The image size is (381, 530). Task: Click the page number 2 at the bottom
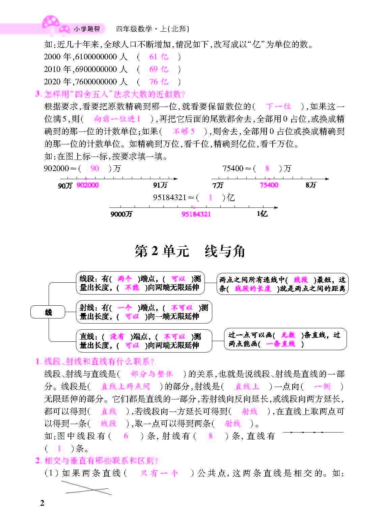pos(42,503)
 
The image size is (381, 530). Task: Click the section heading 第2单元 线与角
pos(190,251)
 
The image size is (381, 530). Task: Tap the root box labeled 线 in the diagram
pos(48,312)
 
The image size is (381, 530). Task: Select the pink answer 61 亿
pos(159,57)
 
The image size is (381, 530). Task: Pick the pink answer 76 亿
pos(159,82)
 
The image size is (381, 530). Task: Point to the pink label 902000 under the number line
pos(87,185)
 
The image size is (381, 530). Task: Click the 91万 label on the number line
pos(160,185)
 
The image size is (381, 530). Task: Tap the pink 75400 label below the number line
pos(269,185)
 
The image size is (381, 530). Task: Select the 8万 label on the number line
pos(310,185)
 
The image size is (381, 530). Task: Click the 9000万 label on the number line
pos(121,214)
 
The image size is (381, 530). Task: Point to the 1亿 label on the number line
pos(262,214)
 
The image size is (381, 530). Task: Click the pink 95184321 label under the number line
pos(196,214)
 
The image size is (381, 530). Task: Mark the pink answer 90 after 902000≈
pos(95,168)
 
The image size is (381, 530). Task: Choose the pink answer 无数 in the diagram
pos(288,335)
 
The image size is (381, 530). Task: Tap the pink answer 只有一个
pos(159,473)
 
